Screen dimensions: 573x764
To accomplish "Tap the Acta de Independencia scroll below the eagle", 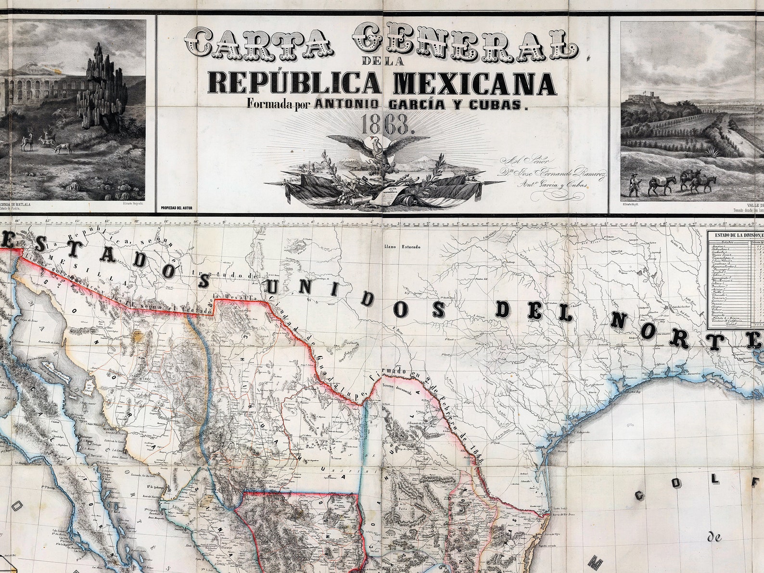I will [x=394, y=194].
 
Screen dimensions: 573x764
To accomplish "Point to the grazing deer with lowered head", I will [x=62, y=148].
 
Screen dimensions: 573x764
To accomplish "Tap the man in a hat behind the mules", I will [x=635, y=185].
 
